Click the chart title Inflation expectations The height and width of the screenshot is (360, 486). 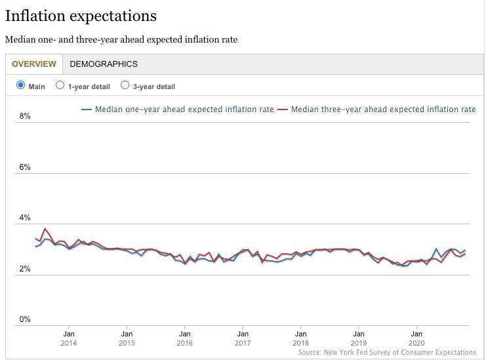tap(81, 16)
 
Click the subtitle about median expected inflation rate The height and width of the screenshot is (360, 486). tap(121, 39)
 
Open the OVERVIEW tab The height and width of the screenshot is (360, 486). tap(33, 64)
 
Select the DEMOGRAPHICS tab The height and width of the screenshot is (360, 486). tap(104, 64)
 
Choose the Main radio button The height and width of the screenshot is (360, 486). tap(21, 85)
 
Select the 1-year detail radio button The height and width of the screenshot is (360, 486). tap(60, 85)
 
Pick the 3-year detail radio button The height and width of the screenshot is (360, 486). tap(125, 85)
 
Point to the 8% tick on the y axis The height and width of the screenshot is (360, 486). tap(25, 116)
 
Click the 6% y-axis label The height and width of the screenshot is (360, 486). tap(25, 167)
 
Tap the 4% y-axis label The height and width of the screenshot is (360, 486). tap(25, 218)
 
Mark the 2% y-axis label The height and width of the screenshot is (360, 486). tap(25, 269)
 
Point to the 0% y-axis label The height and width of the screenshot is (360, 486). tap(25, 319)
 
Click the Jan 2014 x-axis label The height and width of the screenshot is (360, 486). tap(69, 338)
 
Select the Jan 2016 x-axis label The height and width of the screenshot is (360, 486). tap(185, 338)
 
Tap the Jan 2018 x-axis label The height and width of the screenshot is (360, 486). tap(300, 338)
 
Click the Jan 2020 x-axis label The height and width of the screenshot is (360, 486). tap(416, 338)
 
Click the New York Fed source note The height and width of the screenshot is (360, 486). tap(386, 352)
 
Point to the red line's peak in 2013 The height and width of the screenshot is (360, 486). tap(45, 229)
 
